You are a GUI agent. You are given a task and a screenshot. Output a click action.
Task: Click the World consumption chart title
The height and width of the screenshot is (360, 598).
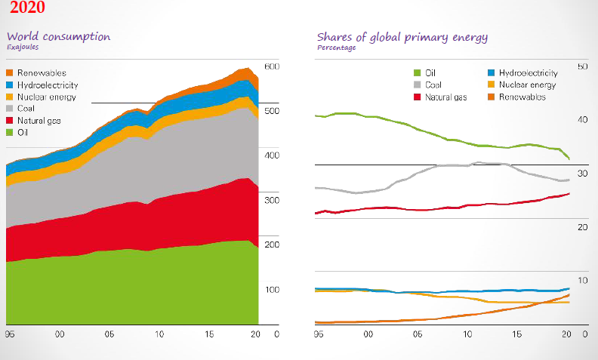tap(58, 36)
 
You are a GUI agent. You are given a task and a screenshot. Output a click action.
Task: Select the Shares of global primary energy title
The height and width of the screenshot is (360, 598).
tap(402, 36)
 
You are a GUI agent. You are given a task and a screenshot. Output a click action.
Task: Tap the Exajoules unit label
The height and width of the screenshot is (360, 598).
tap(23, 47)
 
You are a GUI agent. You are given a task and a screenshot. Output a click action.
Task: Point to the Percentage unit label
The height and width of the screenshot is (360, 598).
tap(336, 47)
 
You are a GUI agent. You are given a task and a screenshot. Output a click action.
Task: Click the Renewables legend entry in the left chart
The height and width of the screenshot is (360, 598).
tap(41, 73)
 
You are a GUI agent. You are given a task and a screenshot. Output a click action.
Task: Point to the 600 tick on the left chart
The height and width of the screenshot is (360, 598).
tap(272, 67)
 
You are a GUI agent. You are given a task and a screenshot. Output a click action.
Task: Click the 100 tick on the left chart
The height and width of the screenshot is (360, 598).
tap(272, 290)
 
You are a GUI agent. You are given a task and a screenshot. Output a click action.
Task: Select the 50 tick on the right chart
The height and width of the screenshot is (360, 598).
tap(581, 67)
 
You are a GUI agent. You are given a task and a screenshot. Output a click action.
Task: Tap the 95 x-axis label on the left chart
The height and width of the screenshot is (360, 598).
tap(10, 333)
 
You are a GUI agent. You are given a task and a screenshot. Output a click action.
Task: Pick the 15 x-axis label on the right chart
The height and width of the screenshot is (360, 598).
tap(517, 333)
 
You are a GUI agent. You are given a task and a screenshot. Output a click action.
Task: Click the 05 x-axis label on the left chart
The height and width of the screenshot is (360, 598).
tap(109, 333)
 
